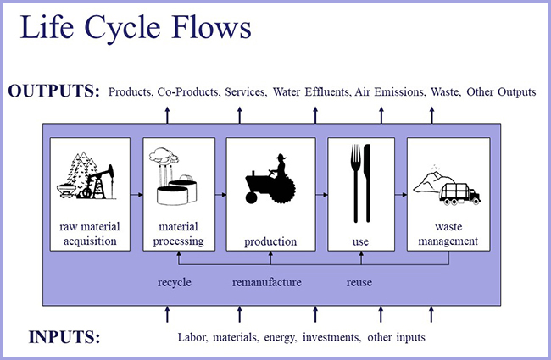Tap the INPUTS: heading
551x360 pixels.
(64, 337)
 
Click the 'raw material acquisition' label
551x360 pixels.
(88, 235)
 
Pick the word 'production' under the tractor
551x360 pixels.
(270, 241)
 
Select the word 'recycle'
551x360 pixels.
(175, 281)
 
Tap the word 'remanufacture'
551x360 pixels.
(267, 281)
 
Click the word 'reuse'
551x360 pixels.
(359, 281)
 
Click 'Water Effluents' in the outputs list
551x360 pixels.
(310, 91)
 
